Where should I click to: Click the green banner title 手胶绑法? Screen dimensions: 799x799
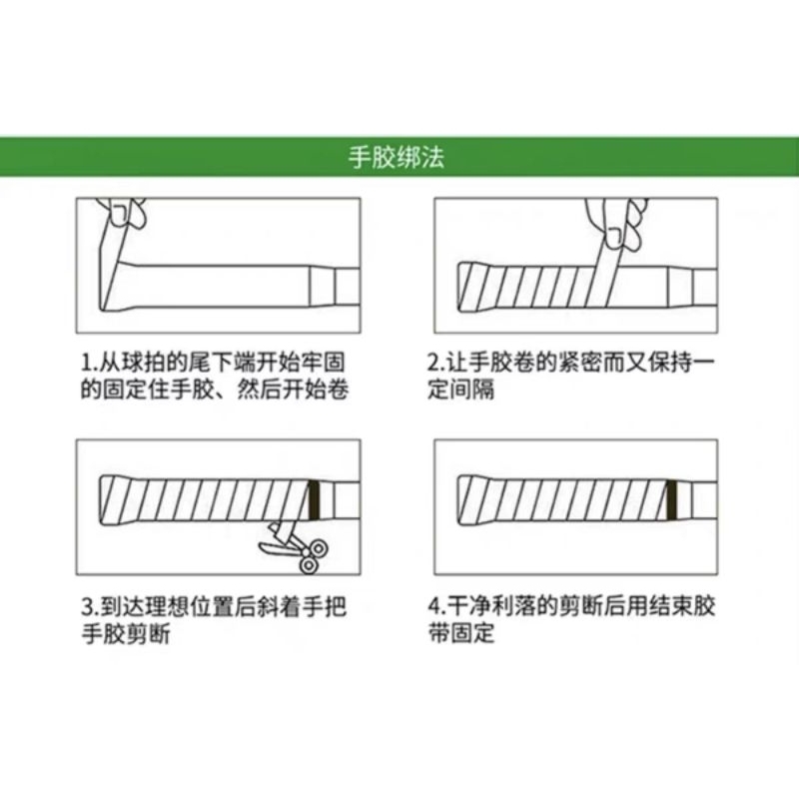pos(397,157)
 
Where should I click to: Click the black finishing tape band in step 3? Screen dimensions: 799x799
pos(315,500)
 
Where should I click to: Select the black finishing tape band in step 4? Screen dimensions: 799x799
pos(672,500)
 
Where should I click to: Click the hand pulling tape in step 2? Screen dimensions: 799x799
pos(616,223)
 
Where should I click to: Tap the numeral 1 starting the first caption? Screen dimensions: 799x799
pos(87,363)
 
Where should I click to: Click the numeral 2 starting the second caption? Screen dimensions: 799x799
pos(433,363)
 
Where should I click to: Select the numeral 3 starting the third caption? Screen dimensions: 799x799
pos(88,606)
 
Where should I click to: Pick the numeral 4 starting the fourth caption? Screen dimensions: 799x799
pos(434,606)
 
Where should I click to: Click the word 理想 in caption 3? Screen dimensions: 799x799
pos(167,606)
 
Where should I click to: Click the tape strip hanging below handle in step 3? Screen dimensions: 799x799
pos(281,532)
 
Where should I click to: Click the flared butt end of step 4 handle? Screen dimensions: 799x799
pos(465,500)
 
